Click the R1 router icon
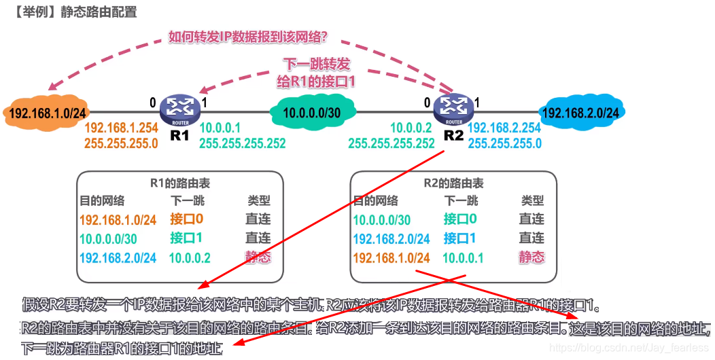coord(179,107)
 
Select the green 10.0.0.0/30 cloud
coord(312,112)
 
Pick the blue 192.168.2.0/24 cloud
coord(581,113)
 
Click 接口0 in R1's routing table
coord(187,219)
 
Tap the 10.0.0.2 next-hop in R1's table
coord(190,257)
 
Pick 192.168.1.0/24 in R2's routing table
coord(391,257)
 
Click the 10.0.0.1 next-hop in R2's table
coord(463,257)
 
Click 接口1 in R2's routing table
coord(460,238)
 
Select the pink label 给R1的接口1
coord(317,81)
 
